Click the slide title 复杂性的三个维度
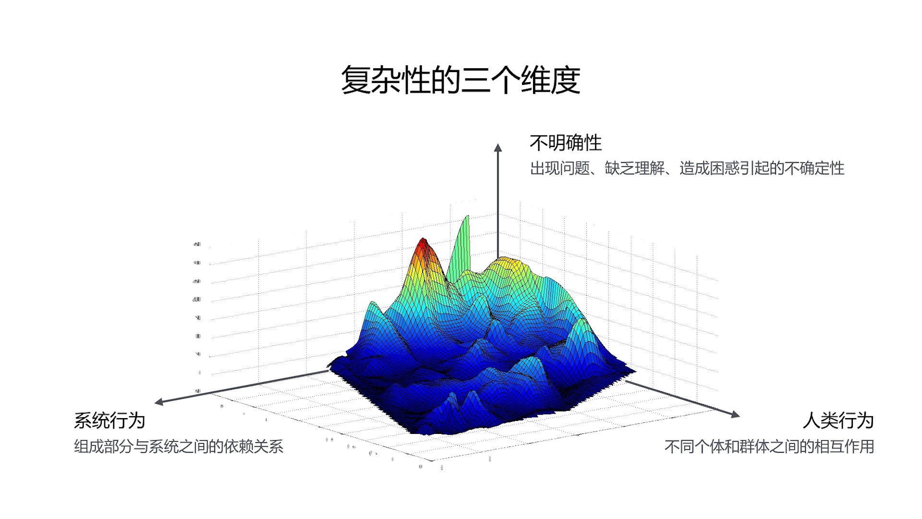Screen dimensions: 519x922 [x=461, y=80]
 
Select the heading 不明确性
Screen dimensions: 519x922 [x=565, y=143]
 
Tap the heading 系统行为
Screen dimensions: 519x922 [x=109, y=420]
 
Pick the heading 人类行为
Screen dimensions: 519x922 [x=837, y=420]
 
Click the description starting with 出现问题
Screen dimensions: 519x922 [x=687, y=168]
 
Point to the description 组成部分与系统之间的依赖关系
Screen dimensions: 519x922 [x=179, y=446]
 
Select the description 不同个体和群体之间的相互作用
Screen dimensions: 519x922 [x=769, y=446]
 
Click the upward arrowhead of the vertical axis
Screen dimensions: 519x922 [x=498, y=147]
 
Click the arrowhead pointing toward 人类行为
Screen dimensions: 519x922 [x=735, y=414]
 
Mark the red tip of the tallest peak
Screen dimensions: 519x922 [x=423, y=243]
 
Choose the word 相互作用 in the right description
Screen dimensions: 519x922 [x=844, y=446]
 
